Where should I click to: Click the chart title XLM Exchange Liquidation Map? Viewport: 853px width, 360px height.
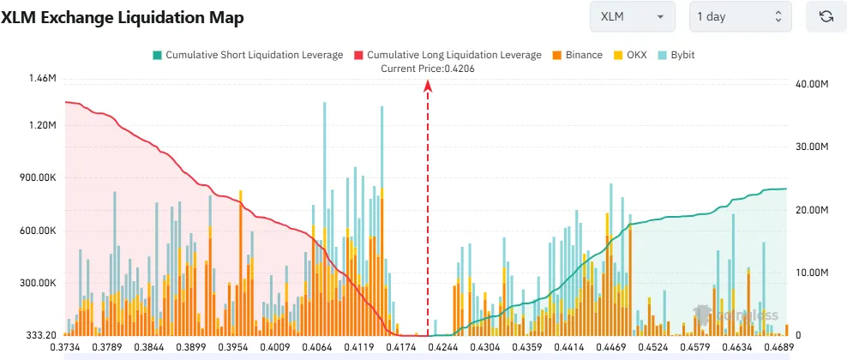pos(122,17)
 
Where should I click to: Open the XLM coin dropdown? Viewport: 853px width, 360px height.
pos(633,16)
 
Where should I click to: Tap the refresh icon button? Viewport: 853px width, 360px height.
pos(826,16)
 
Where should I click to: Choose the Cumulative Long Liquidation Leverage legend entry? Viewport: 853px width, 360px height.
pos(448,55)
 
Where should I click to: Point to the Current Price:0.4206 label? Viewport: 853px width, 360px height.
pos(428,69)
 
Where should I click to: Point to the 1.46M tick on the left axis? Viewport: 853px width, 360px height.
pos(42,79)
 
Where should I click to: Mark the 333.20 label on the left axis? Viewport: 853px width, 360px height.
pos(39,335)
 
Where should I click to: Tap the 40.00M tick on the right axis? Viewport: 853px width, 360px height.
pos(813,84)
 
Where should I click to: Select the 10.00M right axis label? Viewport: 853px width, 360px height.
pos(813,273)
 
